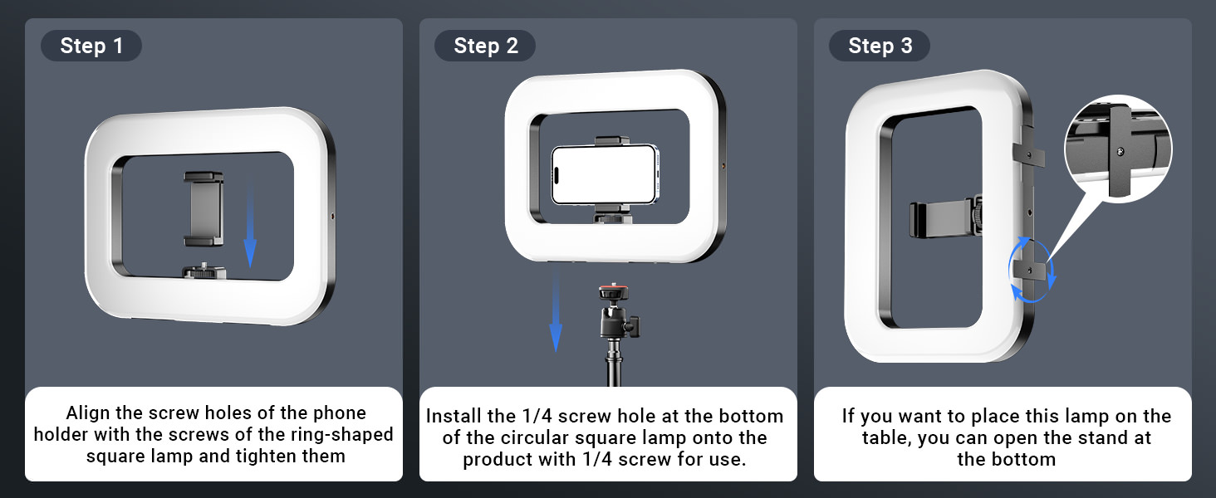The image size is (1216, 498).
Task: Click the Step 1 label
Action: pos(91,46)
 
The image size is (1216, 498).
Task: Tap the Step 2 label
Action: pos(485,46)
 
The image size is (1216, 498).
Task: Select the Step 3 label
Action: pos(880,46)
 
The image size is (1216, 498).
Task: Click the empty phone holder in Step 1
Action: pos(203,209)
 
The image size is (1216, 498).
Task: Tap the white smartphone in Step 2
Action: pos(605,174)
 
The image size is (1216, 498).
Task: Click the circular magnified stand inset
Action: pos(1118,149)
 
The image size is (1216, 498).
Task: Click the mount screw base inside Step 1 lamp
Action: pos(203,271)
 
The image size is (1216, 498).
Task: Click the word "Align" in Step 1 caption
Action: pos(89,413)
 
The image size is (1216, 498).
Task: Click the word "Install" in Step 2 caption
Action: pos(454,416)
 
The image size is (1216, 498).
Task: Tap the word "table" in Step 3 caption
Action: pos(885,437)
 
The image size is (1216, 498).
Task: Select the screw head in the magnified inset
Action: pos(1120,151)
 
